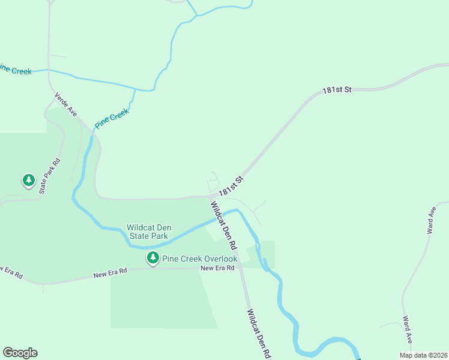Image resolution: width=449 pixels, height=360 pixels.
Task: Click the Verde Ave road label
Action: pos(66,104)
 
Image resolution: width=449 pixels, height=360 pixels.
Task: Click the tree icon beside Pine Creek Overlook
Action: pos(153,258)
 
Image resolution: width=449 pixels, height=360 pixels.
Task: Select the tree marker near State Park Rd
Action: pos(28,179)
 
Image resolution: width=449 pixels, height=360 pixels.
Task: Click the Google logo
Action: pos(20,353)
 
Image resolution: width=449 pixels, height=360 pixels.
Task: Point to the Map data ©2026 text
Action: pos(423,355)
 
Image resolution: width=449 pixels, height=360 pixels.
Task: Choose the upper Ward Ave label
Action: pos(430,221)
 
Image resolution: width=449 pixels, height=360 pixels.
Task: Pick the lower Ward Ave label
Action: pos(408,329)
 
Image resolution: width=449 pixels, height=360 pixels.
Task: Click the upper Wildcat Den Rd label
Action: pos(223,226)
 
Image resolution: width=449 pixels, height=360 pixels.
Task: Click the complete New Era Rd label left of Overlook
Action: pos(110,274)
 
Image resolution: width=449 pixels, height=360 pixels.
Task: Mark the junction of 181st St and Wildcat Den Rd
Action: pos(210,196)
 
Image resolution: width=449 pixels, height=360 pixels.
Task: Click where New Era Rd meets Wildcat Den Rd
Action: pos(240,267)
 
